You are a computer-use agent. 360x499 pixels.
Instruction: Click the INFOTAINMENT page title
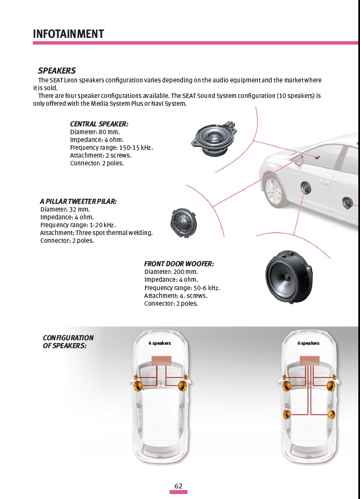coord(68,33)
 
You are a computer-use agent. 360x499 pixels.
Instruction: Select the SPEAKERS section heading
coord(57,71)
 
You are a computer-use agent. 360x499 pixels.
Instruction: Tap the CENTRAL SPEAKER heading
coord(99,124)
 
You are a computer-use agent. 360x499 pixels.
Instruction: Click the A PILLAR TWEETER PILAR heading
coord(78,201)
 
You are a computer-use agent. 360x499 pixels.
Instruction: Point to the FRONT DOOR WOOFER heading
coord(179,263)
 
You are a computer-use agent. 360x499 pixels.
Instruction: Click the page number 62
coord(179,486)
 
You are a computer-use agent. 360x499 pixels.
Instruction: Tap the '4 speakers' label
coord(160,343)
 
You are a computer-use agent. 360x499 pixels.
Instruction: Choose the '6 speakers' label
coord(308,343)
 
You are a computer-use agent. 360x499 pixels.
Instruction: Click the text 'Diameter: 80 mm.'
coord(95,132)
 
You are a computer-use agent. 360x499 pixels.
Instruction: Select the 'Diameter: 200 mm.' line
coord(171,272)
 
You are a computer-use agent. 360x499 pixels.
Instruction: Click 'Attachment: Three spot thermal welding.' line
coord(96,233)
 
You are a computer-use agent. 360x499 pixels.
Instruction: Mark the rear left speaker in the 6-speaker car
coord(287,414)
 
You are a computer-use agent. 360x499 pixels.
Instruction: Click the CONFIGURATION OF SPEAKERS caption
coord(68,342)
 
